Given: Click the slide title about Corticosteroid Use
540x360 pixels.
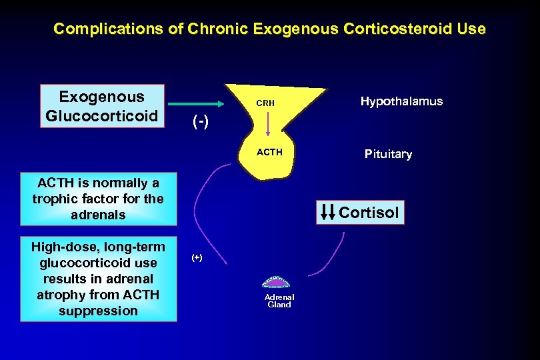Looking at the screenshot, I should [x=269, y=29].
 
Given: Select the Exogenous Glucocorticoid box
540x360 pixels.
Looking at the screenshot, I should [x=102, y=106].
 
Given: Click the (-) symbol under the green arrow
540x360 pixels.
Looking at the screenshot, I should [x=199, y=123].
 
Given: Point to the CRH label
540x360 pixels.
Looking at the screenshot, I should [x=265, y=104].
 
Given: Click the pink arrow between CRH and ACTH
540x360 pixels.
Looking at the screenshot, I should [x=268, y=125].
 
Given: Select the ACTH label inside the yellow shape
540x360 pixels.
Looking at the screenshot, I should [x=270, y=152].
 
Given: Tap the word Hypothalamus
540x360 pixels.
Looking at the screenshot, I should [x=401, y=101].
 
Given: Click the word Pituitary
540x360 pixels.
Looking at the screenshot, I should [x=388, y=154].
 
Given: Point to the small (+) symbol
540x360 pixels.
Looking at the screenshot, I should [x=197, y=257].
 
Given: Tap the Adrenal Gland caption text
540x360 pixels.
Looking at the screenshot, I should [x=279, y=301].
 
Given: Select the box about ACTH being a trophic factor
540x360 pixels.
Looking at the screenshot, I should [x=98, y=199].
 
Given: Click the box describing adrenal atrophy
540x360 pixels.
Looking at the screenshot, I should [x=98, y=279].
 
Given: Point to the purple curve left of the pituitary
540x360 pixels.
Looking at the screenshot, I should [x=203, y=200].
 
